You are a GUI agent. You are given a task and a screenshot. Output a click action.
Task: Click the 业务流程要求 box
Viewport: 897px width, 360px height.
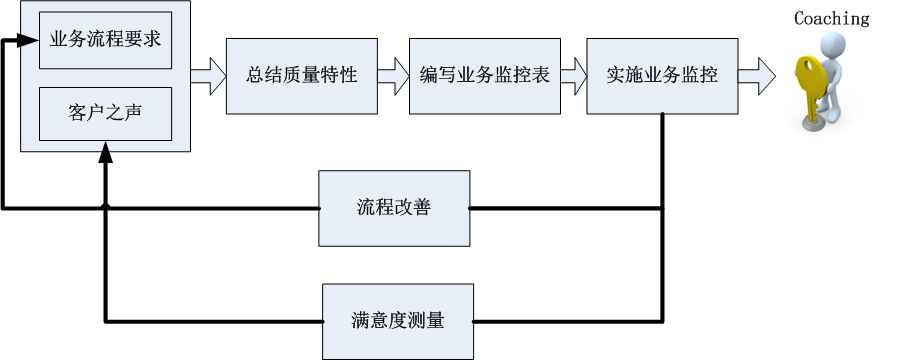105,40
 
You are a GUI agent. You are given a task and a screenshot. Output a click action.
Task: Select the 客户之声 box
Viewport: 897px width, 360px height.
105,113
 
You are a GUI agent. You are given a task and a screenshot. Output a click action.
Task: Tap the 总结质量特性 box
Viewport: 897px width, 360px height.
301,76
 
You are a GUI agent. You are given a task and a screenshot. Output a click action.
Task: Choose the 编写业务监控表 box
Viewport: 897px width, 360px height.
485,76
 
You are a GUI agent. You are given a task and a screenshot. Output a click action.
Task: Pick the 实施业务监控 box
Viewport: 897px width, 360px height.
662,76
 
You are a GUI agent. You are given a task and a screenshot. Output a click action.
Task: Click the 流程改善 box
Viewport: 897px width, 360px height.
394,208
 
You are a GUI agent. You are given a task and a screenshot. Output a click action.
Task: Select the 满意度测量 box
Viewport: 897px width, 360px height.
398,322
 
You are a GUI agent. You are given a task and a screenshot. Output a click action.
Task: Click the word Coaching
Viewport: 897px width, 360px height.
831,18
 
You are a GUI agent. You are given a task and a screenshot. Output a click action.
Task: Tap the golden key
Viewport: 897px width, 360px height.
811,86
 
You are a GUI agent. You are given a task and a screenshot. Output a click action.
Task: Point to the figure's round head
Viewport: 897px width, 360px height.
832,45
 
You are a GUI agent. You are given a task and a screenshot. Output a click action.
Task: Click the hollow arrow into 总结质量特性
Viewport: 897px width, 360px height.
208,76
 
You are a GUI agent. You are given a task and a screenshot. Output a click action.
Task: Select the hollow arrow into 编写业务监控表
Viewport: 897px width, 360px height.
394,76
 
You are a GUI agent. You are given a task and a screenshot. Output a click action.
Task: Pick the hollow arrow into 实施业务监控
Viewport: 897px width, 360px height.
574,76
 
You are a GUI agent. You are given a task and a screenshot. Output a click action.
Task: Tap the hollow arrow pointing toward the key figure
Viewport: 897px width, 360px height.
756,76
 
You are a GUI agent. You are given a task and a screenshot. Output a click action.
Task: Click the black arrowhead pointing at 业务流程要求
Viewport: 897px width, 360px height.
27,40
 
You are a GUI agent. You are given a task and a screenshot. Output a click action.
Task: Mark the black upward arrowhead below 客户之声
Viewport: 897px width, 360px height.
105,152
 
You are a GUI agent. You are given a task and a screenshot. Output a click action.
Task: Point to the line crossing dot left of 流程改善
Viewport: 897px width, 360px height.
105,206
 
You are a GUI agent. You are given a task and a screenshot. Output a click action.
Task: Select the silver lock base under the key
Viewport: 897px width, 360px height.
812,125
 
